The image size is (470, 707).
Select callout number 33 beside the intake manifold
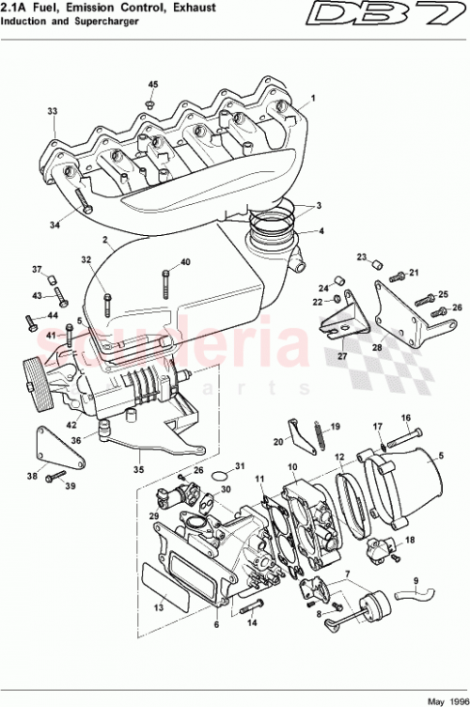coord(53,111)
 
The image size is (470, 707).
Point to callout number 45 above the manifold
coord(153,86)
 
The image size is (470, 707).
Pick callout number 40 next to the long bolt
coord(185,262)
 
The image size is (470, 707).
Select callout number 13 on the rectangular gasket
coord(158,609)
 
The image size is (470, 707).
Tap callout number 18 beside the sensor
coord(410,541)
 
